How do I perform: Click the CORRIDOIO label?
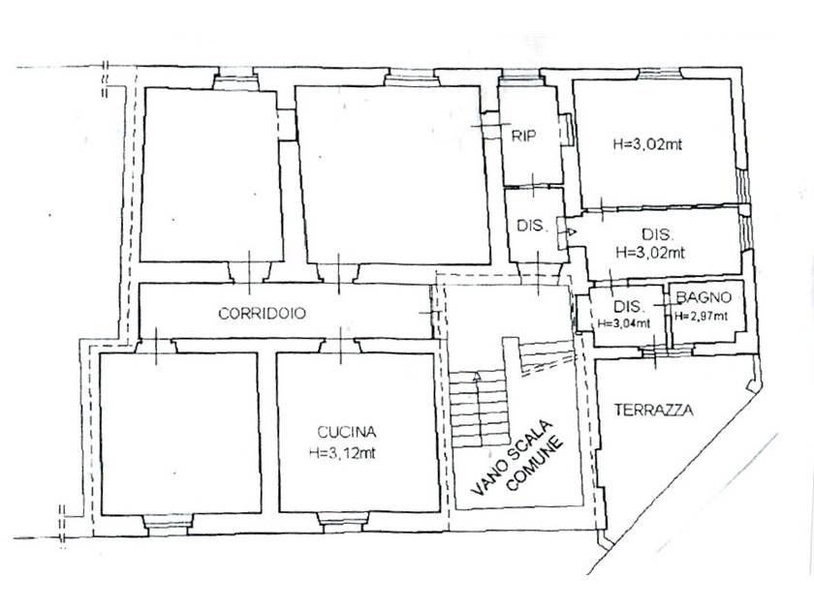pos(263,314)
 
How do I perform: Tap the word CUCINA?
pos(347,432)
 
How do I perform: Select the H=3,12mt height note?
pos(342,453)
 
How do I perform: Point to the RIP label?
pos(524,136)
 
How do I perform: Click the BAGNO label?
pos(704,297)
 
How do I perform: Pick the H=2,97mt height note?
pos(702,316)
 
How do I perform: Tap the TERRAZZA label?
pos(653,410)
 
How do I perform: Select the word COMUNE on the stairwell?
pos(535,465)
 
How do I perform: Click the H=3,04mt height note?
pos(624,323)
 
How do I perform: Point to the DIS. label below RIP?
pos(533,227)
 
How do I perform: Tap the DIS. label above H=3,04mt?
pos(629,306)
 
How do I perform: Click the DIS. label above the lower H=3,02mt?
pos(658,234)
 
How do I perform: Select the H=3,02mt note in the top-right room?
pos(647,144)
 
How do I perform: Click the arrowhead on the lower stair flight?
pos(476,377)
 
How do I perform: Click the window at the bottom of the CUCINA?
pos(343,521)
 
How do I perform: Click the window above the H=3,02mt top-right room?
pos(659,74)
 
